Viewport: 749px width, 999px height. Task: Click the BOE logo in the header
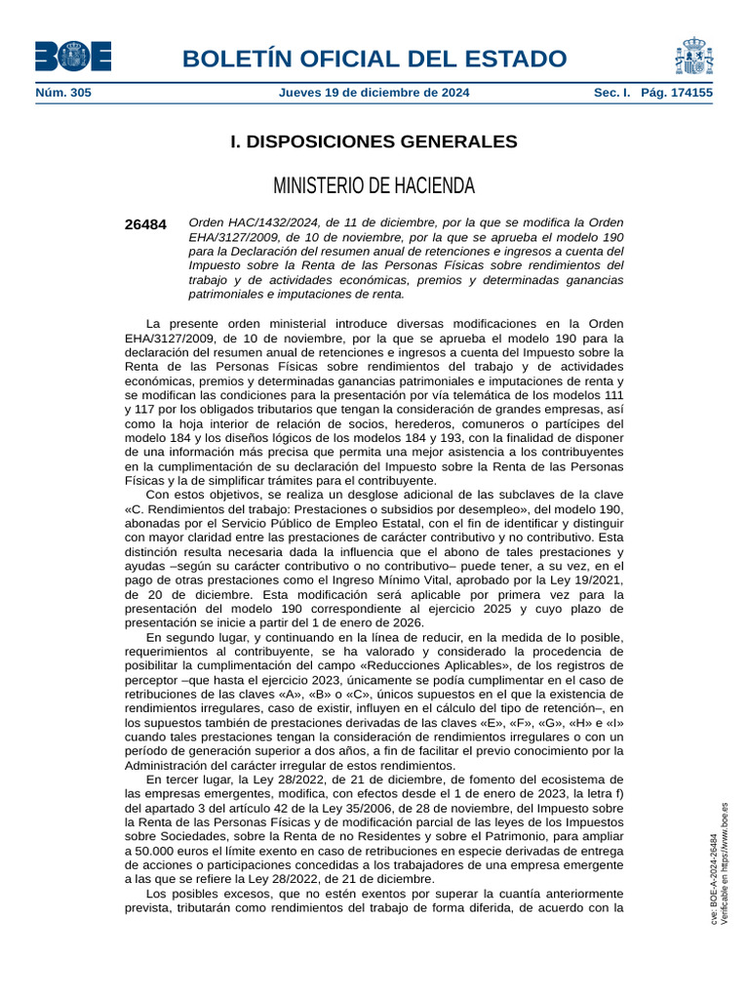(73, 57)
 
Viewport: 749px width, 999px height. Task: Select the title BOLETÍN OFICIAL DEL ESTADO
(374, 58)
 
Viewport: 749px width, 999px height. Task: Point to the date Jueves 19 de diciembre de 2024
(374, 93)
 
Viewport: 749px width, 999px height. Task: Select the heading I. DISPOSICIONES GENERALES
(374, 142)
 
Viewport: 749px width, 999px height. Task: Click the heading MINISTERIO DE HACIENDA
(374, 185)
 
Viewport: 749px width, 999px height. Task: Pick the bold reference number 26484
(145, 224)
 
